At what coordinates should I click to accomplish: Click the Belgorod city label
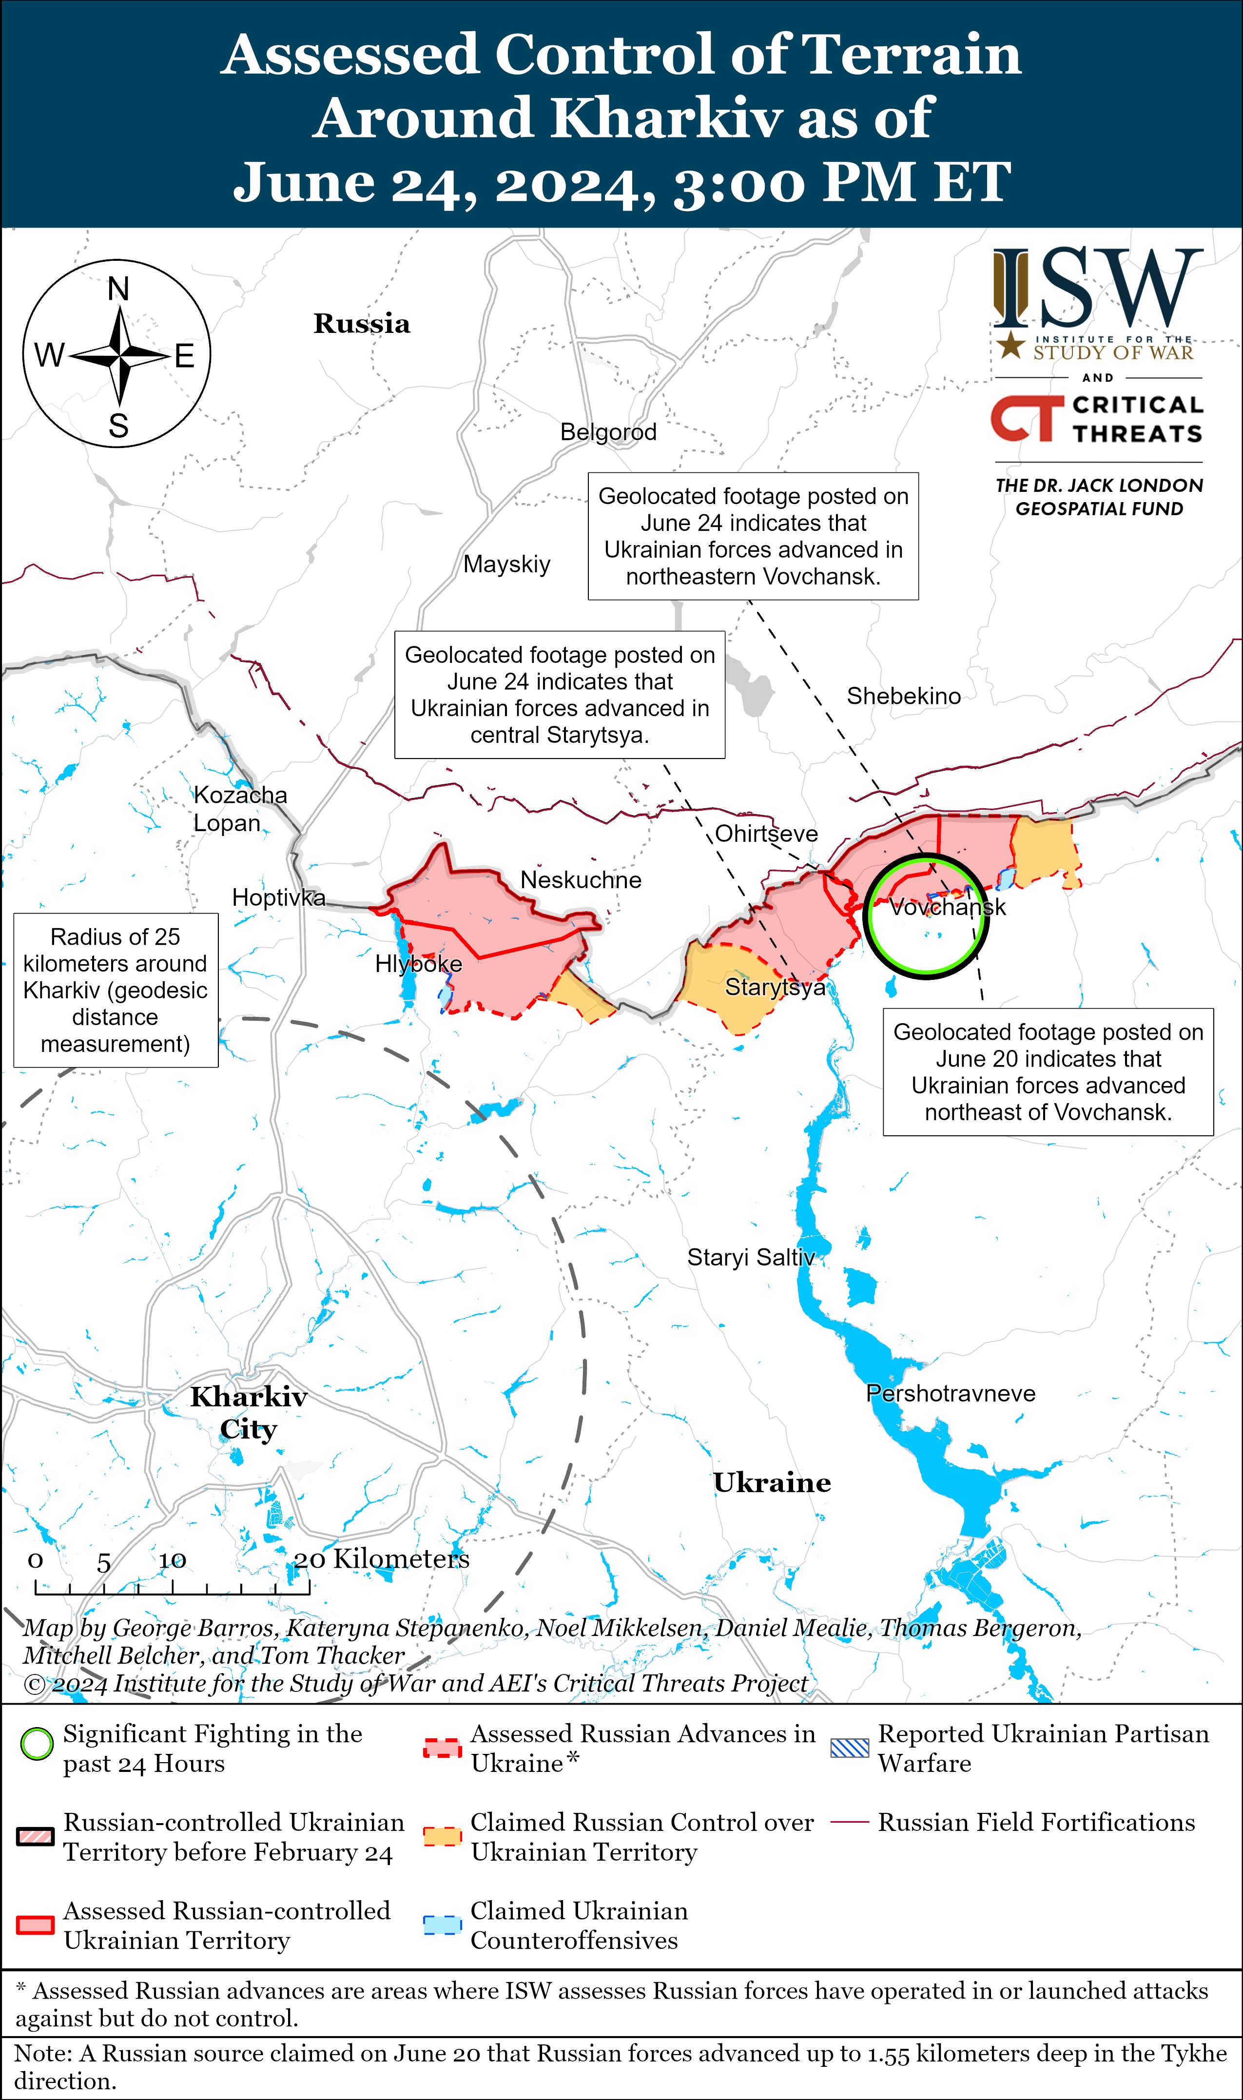(608, 432)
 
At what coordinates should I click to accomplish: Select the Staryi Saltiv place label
(751, 1257)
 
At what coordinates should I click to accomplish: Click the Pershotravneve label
(950, 1393)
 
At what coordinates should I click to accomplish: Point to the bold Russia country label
(362, 323)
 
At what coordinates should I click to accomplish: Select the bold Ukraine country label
(772, 1483)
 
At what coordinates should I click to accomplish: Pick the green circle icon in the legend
(37, 1745)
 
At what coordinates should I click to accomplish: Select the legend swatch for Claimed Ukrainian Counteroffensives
(442, 1925)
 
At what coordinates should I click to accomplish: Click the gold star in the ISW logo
(1011, 344)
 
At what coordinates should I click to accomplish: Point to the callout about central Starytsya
(560, 695)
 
